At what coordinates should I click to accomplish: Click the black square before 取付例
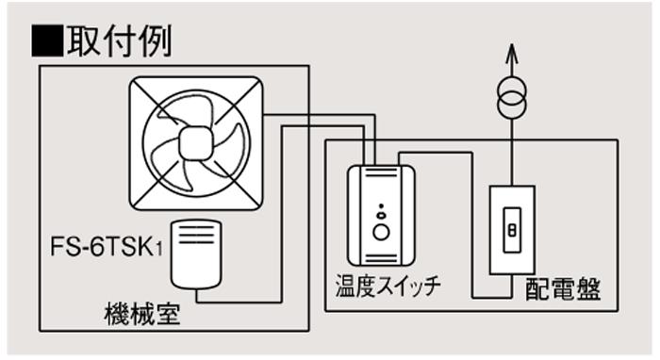pyautogui.click(x=47, y=41)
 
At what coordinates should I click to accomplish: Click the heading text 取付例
pyautogui.click(x=120, y=41)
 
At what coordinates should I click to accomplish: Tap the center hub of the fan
pyautogui.click(x=196, y=143)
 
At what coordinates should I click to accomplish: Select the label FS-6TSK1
pyautogui.click(x=107, y=247)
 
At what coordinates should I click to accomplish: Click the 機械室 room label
pyautogui.click(x=142, y=314)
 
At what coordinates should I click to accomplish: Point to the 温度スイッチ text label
pyautogui.click(x=388, y=286)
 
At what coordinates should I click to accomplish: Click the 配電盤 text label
pyautogui.click(x=563, y=289)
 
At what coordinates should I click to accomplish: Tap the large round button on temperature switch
pyautogui.click(x=381, y=232)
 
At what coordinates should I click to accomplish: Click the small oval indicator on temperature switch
pyautogui.click(x=381, y=216)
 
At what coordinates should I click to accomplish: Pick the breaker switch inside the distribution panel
pyautogui.click(x=512, y=230)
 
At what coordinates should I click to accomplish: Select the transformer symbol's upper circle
pyautogui.click(x=512, y=91)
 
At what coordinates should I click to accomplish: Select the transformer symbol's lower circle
pyautogui.click(x=512, y=106)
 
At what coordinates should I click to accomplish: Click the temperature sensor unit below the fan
pyautogui.click(x=196, y=254)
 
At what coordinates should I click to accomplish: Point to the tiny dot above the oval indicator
pyautogui.click(x=381, y=206)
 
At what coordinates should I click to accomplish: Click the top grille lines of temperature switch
pyautogui.click(x=381, y=172)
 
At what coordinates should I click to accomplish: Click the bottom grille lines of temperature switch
pyautogui.click(x=381, y=258)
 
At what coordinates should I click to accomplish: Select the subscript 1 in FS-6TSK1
pyautogui.click(x=159, y=250)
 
